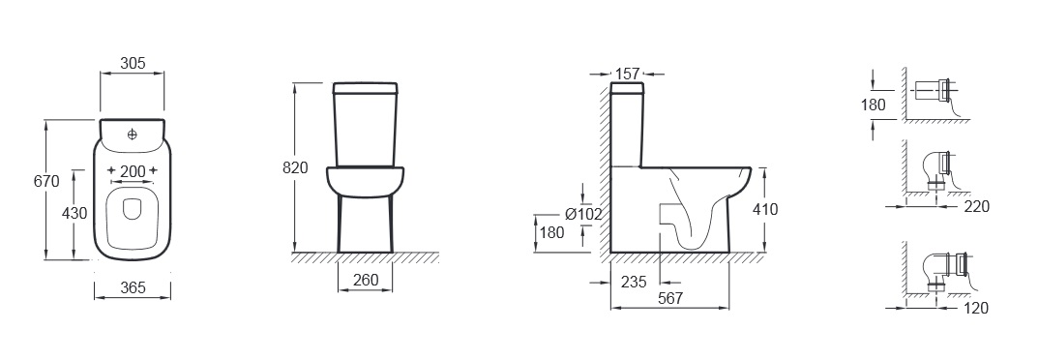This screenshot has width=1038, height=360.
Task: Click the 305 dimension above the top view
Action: [133, 64]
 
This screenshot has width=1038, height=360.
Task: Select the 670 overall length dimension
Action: [46, 181]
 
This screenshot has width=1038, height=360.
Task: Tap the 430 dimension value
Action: [74, 213]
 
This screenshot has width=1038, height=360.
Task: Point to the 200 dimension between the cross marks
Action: [133, 170]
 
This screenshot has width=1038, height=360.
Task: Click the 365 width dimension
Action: [133, 287]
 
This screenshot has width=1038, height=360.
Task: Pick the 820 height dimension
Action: [295, 168]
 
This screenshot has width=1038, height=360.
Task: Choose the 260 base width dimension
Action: [366, 280]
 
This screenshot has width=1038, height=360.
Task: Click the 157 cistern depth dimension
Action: [628, 74]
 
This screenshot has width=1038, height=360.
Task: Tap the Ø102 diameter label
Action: [583, 214]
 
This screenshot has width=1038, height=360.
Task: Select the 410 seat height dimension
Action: [765, 210]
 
